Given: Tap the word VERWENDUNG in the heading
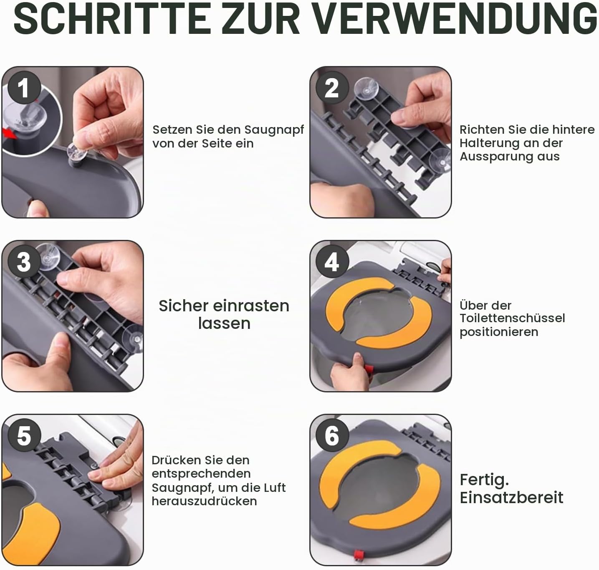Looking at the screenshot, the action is coord(455,18).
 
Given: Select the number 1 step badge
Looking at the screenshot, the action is coord(24,88).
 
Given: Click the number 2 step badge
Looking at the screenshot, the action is coord(332,88).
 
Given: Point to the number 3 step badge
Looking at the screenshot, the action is coord(24,262).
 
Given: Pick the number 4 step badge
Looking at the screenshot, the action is coord(332,262).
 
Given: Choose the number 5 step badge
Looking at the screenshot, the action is coord(24,435).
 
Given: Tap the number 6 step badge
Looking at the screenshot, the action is coord(332,435).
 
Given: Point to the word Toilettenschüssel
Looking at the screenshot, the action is coord(512,318).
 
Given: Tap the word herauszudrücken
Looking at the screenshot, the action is coord(204,501).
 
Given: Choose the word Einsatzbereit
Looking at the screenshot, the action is coord(511,498).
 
